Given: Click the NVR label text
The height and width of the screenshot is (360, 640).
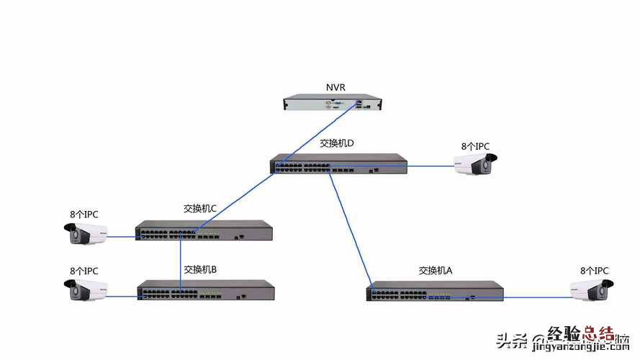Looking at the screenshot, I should (x=335, y=88).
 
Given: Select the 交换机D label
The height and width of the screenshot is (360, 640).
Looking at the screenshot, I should (x=337, y=143).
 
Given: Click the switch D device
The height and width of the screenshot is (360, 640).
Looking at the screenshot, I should (x=338, y=164).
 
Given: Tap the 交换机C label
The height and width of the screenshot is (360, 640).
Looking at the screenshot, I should (x=200, y=209).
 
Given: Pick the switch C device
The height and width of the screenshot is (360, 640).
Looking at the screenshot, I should (x=204, y=230).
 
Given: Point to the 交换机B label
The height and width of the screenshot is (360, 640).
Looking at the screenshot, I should (x=200, y=270).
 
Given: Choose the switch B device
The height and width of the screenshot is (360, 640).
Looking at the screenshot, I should (x=206, y=290).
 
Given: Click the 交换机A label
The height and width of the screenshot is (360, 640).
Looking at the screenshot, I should (x=436, y=271).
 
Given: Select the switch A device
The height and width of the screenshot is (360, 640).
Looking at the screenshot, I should (x=435, y=291).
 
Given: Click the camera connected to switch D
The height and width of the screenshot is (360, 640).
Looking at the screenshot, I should (x=473, y=165).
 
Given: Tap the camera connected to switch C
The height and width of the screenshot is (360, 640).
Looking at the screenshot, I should (x=86, y=233).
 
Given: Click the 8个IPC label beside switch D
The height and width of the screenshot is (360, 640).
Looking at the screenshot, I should (x=475, y=147).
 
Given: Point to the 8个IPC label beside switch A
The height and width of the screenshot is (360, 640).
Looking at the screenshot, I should (x=595, y=271).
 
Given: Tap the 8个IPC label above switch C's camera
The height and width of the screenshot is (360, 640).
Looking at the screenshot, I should (x=84, y=215).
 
